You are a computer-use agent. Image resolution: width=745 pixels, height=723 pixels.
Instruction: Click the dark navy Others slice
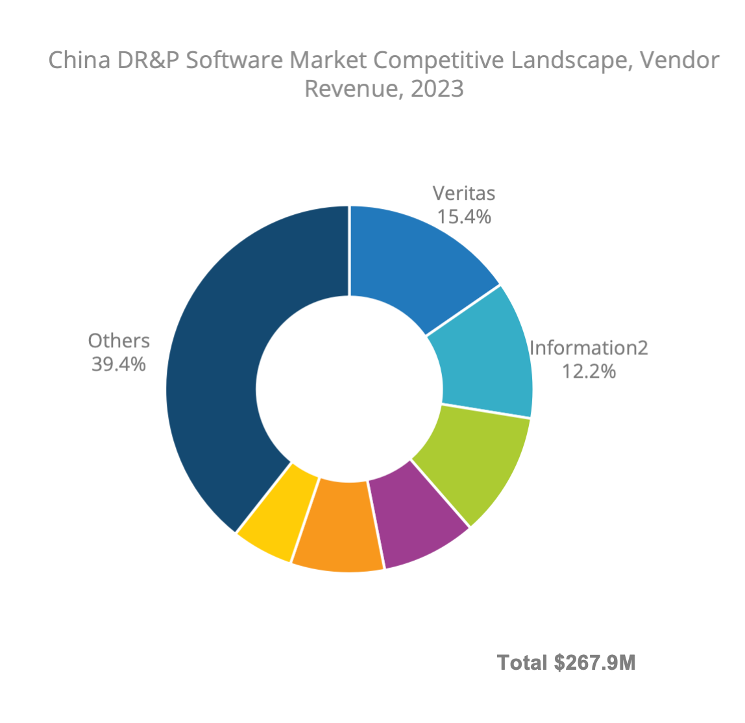[214, 376]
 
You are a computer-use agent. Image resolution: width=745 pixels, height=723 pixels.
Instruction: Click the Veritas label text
[463, 193]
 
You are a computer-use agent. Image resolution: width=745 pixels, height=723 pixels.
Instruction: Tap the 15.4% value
[463, 217]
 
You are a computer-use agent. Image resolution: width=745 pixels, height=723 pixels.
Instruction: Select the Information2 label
[589, 348]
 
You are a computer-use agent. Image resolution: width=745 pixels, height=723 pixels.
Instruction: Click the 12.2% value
[589, 371]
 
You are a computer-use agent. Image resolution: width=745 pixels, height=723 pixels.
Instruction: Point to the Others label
[119, 341]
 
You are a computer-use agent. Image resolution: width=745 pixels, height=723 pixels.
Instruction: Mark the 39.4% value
[119, 364]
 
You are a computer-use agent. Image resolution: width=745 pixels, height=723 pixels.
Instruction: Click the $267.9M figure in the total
[594, 663]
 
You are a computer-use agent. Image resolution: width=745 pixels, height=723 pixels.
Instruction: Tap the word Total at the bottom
[522, 663]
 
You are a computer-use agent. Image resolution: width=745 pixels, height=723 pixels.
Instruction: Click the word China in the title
[80, 60]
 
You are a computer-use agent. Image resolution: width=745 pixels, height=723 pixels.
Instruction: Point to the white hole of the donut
[349, 389]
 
